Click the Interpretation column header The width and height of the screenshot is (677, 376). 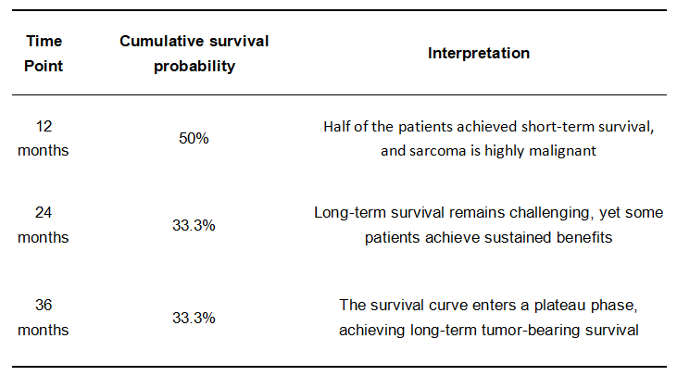click(479, 53)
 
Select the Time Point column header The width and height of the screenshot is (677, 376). click(44, 54)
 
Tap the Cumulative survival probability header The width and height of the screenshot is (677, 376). click(194, 54)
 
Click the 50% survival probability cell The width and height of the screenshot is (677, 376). click(194, 138)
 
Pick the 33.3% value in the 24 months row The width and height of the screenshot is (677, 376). click(194, 225)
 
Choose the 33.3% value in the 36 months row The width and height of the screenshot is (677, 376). click(194, 318)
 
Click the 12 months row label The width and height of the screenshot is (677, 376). click(44, 138)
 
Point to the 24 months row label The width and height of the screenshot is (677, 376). click(44, 225)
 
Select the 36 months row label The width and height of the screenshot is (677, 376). click(44, 318)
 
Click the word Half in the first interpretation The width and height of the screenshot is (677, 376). click(333, 127)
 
